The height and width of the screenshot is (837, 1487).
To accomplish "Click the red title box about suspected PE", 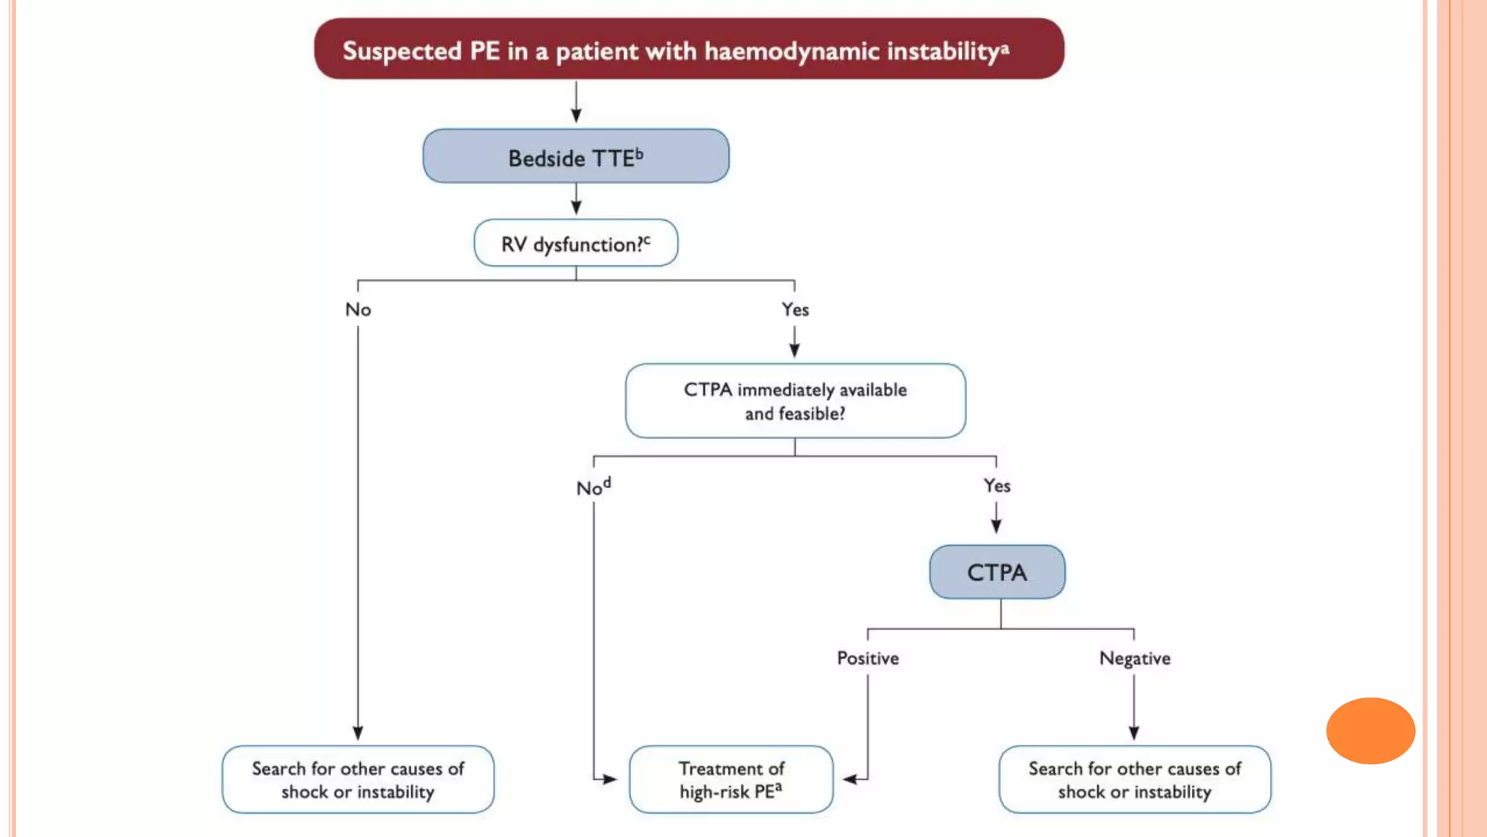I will pyautogui.click(x=688, y=49).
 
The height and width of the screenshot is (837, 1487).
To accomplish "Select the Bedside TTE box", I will pyautogui.click(x=576, y=156).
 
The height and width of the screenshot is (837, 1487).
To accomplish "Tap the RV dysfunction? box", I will pyautogui.click(x=576, y=243).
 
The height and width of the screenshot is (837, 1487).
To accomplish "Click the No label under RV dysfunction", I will pyautogui.click(x=358, y=310).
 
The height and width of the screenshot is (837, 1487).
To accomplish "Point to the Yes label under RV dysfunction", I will pyautogui.click(x=795, y=310).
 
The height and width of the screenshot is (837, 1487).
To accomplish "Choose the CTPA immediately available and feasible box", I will pyautogui.click(x=795, y=401).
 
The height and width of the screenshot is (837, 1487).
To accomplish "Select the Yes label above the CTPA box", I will pyautogui.click(x=997, y=485).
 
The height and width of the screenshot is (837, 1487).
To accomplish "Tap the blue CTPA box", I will pyautogui.click(x=997, y=572).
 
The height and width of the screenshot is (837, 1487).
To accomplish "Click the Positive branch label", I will pyautogui.click(x=868, y=658).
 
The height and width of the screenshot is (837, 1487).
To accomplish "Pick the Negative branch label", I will pyautogui.click(x=1134, y=658).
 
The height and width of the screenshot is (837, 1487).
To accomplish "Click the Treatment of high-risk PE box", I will pyautogui.click(x=731, y=780).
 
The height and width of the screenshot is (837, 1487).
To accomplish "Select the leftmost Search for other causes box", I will pyautogui.click(x=358, y=780).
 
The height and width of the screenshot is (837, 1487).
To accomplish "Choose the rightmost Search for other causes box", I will pyautogui.click(x=1134, y=780).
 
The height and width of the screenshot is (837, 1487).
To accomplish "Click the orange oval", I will pyautogui.click(x=1370, y=731).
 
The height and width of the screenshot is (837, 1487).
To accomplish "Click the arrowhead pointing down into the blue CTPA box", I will pyautogui.click(x=996, y=527).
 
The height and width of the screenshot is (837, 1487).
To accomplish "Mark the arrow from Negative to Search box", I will pyautogui.click(x=1133, y=708).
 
